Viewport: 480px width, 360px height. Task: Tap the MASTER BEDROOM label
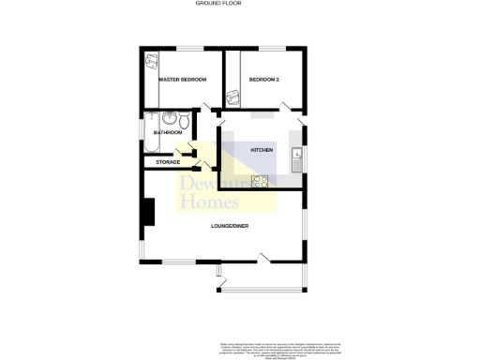point(182,81)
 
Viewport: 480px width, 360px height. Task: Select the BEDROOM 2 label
point(264,81)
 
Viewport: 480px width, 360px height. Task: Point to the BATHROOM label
point(168,133)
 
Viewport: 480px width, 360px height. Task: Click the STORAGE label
point(168,162)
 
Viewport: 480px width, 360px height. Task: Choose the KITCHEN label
point(261,151)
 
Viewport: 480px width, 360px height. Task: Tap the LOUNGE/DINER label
point(229,225)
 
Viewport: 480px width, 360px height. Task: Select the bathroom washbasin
point(169,118)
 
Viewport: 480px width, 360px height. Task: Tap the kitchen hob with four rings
point(259,182)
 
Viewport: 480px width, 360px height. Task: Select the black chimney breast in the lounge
point(147,213)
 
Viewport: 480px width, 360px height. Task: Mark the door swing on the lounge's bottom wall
point(265,257)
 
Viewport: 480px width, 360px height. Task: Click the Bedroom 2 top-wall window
point(272,48)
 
